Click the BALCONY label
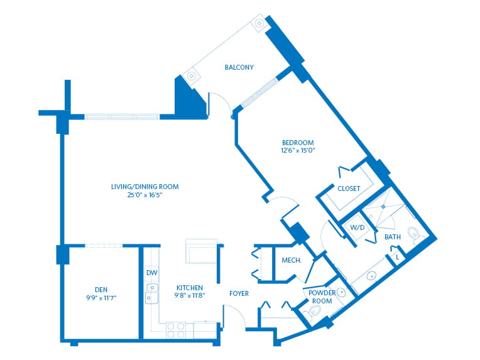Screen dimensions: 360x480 click(x=239, y=67)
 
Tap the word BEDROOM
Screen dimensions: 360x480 click(x=298, y=143)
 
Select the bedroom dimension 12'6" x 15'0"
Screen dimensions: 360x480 click(x=298, y=151)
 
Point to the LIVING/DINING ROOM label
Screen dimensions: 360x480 click(x=145, y=187)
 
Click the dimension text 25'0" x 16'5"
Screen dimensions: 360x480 click(x=145, y=195)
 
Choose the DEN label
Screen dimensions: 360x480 click(x=101, y=290)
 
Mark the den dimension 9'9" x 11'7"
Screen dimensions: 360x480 click(x=101, y=298)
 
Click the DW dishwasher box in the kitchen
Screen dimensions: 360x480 click(x=151, y=273)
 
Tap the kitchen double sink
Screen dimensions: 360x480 click(x=151, y=293)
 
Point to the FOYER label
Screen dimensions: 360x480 click(x=239, y=293)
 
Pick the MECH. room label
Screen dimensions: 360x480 click(x=291, y=260)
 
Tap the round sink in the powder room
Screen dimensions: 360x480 click(x=341, y=292)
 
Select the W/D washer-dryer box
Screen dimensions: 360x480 click(x=357, y=227)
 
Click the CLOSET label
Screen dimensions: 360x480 click(x=349, y=188)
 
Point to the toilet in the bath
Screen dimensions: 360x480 click(x=415, y=235)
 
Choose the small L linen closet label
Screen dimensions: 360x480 click(x=397, y=256)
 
